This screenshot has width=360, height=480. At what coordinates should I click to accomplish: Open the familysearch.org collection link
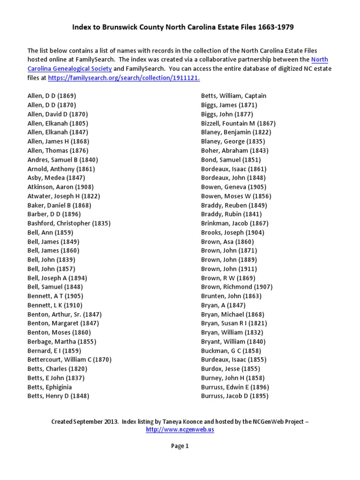click(x=123, y=78)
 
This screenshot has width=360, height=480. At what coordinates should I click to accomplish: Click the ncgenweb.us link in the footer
click(x=180, y=429)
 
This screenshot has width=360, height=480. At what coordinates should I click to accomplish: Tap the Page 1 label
click(x=180, y=446)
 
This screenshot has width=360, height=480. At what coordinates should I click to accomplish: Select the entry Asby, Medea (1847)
click(x=56, y=178)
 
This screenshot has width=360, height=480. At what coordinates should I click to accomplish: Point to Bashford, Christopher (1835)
click(x=69, y=223)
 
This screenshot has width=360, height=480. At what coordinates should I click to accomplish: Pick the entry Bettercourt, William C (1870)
click(x=69, y=360)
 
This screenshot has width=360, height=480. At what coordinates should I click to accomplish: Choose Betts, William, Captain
click(x=233, y=96)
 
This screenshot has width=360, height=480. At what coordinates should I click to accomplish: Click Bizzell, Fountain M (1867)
click(x=238, y=123)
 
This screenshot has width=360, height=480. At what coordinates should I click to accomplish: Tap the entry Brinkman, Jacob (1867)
click(x=235, y=223)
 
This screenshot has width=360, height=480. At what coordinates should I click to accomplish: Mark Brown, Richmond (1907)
click(x=237, y=287)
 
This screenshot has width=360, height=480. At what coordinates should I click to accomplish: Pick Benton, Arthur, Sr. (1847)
click(x=64, y=314)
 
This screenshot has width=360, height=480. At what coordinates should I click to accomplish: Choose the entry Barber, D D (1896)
click(x=54, y=214)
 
